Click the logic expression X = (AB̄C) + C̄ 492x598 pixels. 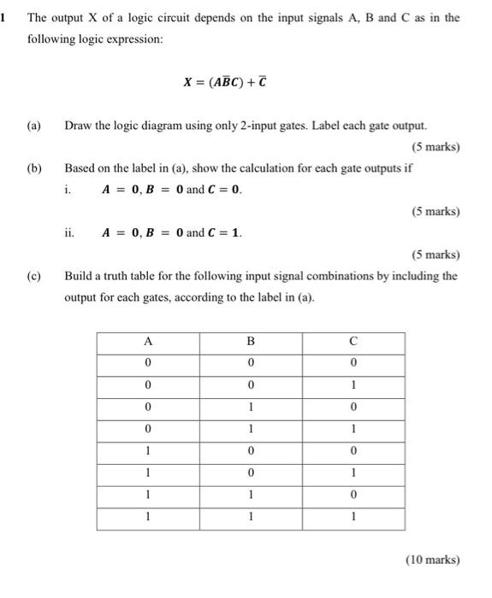point(231,82)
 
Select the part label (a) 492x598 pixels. point(33,126)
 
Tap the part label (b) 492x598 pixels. point(33,168)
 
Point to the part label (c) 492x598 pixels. point(33,276)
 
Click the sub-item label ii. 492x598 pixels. point(69,232)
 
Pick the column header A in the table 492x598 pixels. point(147,341)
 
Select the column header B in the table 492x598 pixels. point(251,341)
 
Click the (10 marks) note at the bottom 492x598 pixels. point(431,560)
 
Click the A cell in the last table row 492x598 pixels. point(147,518)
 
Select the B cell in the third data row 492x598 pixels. point(251,407)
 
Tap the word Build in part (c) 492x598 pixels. point(80,276)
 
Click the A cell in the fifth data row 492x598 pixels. point(147,451)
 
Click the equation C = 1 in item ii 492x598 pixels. point(225,232)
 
